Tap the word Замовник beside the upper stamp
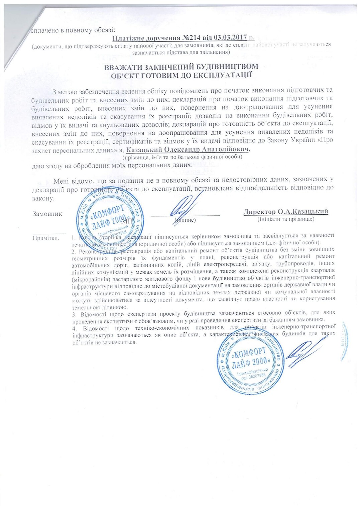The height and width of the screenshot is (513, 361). pyautogui.click(x=47, y=214)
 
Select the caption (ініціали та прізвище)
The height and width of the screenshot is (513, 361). pyautogui.click(x=286, y=219)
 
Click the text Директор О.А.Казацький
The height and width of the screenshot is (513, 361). pyautogui.click(x=286, y=211)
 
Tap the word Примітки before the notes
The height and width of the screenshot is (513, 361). pyautogui.click(x=46, y=238)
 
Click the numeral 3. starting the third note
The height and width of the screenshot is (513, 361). pyautogui.click(x=75, y=314)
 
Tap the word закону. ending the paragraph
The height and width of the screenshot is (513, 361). pyautogui.click(x=43, y=199)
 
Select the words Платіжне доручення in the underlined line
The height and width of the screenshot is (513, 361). pyautogui.click(x=145, y=38)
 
